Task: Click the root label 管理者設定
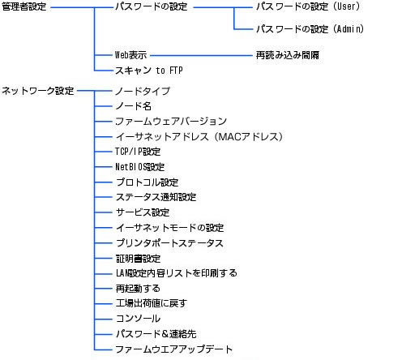(24, 6)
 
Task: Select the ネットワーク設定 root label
(38, 91)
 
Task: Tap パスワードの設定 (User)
(308, 6)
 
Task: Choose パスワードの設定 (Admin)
(310, 28)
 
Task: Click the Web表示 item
(130, 55)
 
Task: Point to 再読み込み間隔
(288, 55)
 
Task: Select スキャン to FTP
(149, 71)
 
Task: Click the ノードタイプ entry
(143, 91)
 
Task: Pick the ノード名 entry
(133, 106)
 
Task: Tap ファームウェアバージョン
(171, 122)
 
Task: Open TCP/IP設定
(138, 152)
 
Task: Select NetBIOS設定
(139, 167)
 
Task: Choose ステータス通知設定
(156, 197)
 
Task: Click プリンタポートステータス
(169, 243)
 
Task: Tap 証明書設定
(138, 259)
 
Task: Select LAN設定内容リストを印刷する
(177, 273)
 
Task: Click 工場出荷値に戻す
(152, 303)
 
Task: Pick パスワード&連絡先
(156, 334)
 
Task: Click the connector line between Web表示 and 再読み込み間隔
(201, 56)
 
